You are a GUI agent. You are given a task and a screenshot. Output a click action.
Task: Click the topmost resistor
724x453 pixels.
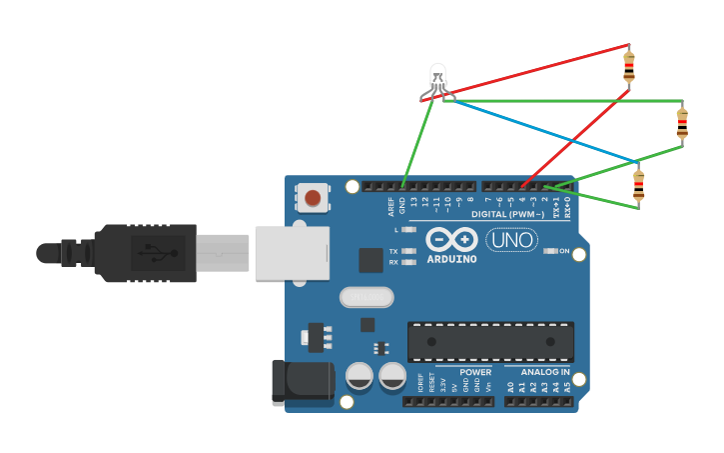[x=628, y=66]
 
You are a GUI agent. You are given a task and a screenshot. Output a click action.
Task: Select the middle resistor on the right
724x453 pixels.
[x=682, y=124]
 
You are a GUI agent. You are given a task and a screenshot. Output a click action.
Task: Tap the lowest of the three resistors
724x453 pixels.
[x=639, y=185]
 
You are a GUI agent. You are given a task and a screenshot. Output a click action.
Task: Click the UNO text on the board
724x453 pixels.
[x=511, y=240]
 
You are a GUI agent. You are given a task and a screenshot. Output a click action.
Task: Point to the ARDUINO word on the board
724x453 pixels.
[x=451, y=259]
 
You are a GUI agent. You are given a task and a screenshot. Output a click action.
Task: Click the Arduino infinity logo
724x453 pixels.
[x=451, y=240]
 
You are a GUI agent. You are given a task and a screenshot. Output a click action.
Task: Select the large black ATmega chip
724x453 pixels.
[x=490, y=341]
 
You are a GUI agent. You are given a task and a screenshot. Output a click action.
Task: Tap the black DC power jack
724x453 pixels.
[x=303, y=381]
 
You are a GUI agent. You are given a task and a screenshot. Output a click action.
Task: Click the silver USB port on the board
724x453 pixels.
[x=292, y=252]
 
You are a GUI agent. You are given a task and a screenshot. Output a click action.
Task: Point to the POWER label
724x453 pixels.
[x=475, y=371]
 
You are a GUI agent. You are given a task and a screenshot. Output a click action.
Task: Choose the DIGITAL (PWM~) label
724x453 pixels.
[x=507, y=214]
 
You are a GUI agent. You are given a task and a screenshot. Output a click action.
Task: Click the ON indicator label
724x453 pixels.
[x=564, y=251]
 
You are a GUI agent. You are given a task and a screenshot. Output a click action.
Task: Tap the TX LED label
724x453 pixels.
[x=393, y=251]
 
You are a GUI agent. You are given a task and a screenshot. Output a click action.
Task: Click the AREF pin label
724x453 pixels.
[x=391, y=206]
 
